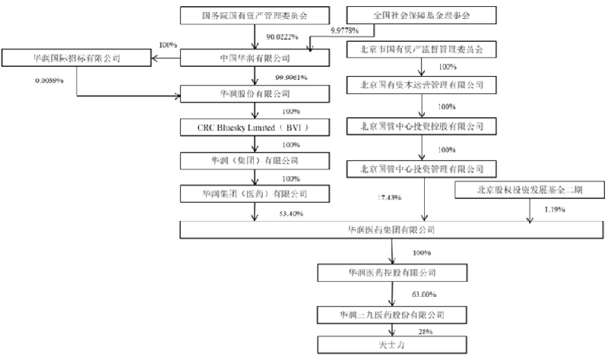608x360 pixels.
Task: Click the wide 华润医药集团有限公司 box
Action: pos(391,229)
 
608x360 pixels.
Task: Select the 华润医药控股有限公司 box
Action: pos(391,271)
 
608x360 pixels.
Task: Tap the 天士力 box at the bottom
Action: pos(391,345)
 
